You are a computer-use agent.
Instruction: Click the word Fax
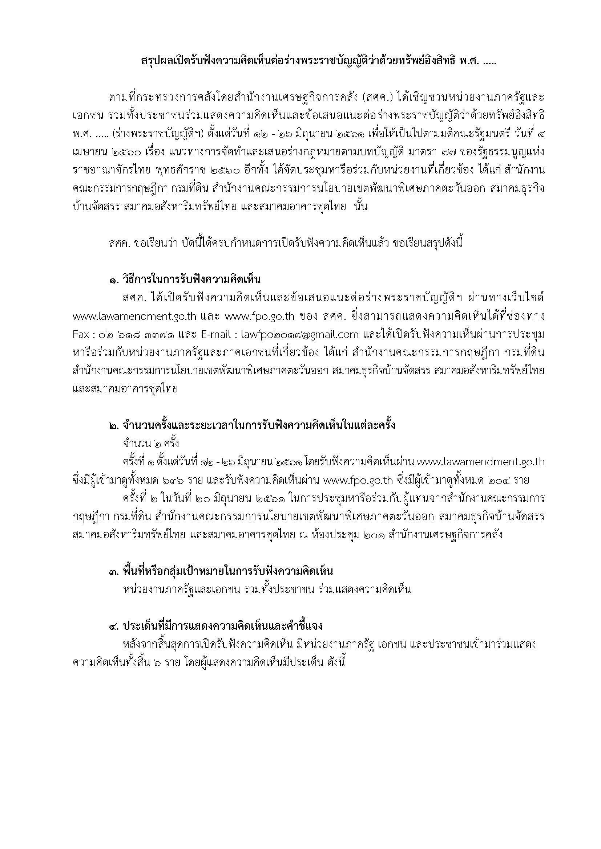pos(81,335)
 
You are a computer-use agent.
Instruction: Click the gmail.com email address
pos(300,335)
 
